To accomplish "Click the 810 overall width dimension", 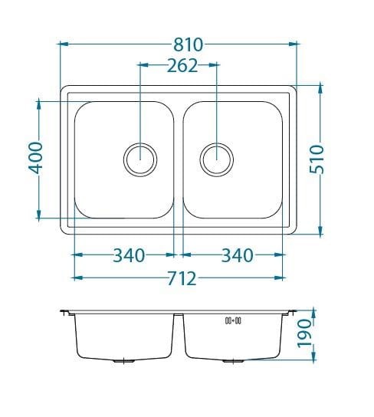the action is tap(189, 44).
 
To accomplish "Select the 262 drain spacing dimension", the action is tap(182, 66).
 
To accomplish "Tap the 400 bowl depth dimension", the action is tap(35, 158).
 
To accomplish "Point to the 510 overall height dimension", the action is tap(317, 159).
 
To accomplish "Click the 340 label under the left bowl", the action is tap(130, 255).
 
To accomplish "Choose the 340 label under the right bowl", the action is tap(238, 255).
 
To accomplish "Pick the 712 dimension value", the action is tap(182, 278).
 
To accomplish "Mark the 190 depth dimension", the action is tap(303, 333).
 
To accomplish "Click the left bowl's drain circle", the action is tap(140, 160).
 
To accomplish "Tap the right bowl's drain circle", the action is tap(217, 160).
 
